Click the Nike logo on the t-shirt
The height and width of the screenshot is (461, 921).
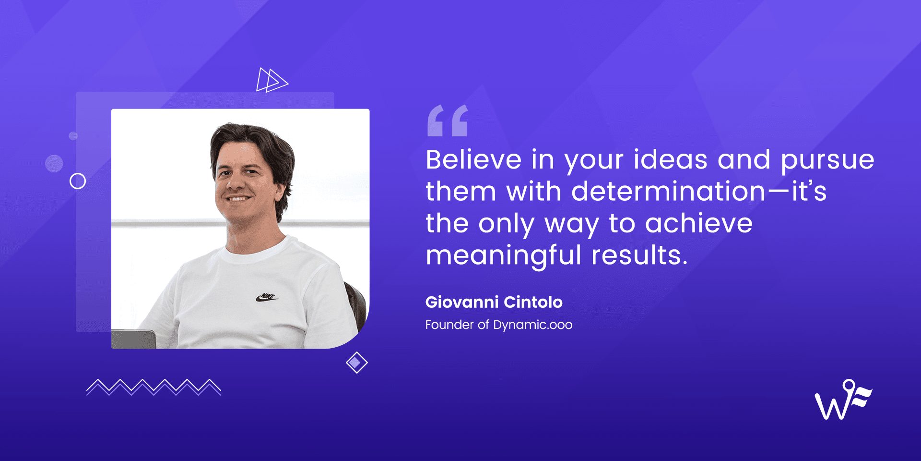pyautogui.click(x=267, y=297)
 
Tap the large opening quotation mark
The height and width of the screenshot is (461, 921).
pyautogui.click(x=447, y=121)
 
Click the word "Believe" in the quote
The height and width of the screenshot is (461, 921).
pyautogui.click(x=473, y=160)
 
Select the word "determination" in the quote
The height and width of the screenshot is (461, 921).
pyautogui.click(x=668, y=192)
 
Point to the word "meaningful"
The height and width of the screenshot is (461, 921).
pyautogui.click(x=503, y=255)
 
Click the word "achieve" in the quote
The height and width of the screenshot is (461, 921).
pyautogui.click(x=698, y=224)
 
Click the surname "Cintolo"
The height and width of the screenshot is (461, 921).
pyautogui.click(x=533, y=302)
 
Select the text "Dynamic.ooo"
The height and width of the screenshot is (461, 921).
pyautogui.click(x=532, y=325)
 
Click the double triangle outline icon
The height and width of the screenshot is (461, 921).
pyautogui.click(x=272, y=80)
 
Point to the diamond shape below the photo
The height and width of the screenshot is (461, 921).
pyautogui.click(x=356, y=363)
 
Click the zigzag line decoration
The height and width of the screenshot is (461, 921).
pyautogui.click(x=153, y=387)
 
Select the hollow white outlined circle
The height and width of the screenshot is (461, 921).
pyautogui.click(x=78, y=181)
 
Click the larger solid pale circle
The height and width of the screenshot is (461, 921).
pyautogui.click(x=54, y=163)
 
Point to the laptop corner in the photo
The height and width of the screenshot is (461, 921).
pyautogui.click(x=133, y=339)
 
